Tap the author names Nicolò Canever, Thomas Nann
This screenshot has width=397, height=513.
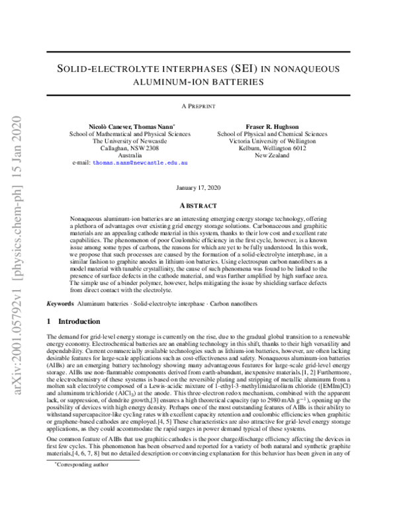[x=132, y=126]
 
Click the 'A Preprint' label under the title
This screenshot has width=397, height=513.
[x=198, y=106]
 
